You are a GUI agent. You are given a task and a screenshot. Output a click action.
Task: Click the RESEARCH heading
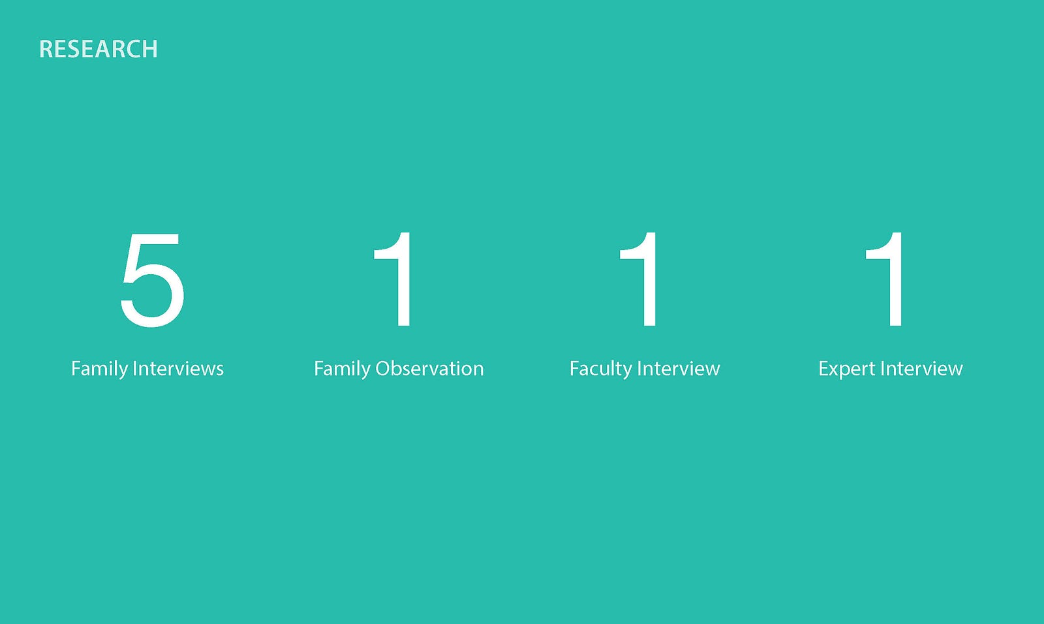99,49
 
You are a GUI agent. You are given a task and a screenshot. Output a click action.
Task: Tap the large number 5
153,280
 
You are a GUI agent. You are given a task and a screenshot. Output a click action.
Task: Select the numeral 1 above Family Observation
394,279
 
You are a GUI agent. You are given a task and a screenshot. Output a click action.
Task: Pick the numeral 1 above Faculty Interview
639,279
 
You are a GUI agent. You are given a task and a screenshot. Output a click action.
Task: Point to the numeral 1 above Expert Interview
885,279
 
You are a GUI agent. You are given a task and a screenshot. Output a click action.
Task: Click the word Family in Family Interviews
99,369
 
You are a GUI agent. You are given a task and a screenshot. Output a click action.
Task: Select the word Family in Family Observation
342,369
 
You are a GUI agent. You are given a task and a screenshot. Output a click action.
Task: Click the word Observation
430,368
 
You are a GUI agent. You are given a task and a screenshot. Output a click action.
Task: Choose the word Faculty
600,369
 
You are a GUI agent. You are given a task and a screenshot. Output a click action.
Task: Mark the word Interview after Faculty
679,368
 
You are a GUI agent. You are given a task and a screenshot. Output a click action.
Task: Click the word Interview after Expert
922,368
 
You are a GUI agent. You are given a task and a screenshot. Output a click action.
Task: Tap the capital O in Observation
384,368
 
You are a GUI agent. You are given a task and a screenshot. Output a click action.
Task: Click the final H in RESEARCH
150,49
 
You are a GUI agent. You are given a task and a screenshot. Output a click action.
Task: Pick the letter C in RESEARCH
131,49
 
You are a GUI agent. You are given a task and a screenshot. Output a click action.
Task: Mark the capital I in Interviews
134,368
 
